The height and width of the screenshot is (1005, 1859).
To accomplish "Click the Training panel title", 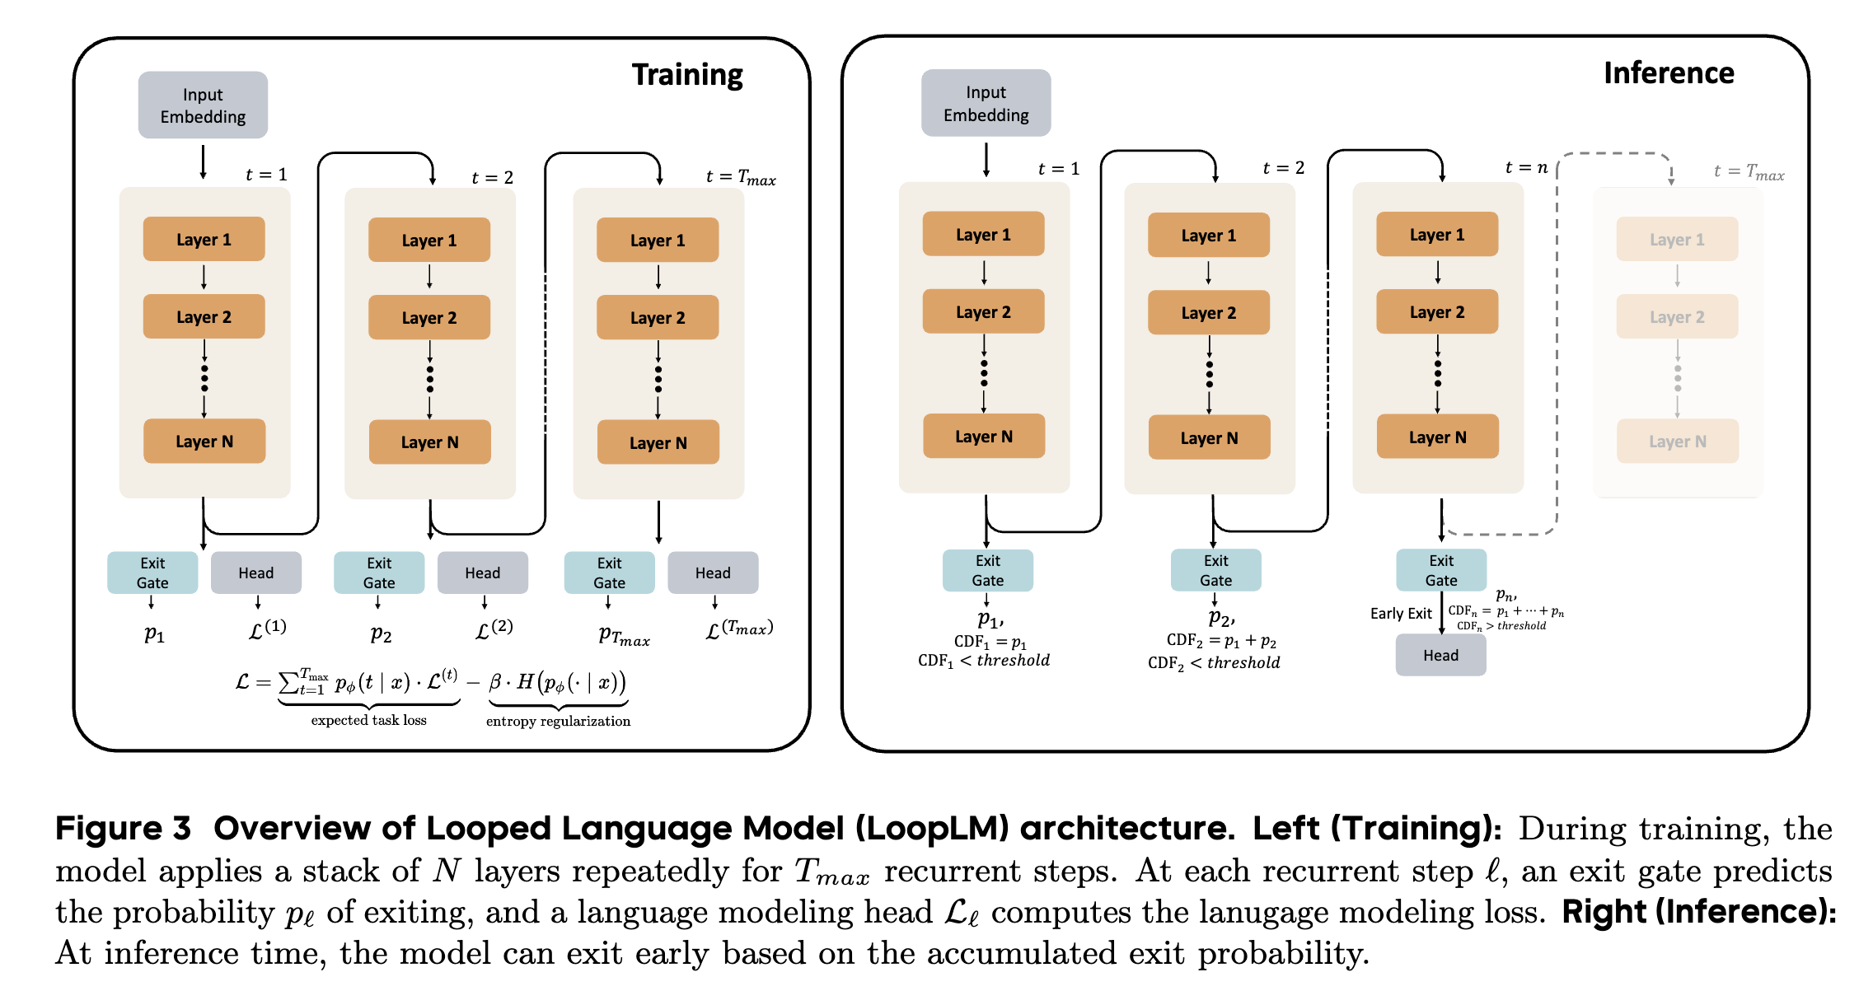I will pyautogui.click(x=687, y=75).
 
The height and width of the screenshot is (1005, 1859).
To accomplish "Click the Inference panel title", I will pyautogui.click(x=1669, y=73).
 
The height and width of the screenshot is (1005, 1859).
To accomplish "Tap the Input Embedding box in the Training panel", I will pyautogui.click(x=203, y=105).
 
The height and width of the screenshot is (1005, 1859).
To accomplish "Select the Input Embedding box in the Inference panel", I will pyautogui.click(x=986, y=104).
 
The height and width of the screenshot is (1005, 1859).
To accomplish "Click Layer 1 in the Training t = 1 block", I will pyautogui.click(x=204, y=240).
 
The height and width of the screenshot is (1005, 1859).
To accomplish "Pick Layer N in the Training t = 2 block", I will pyautogui.click(x=429, y=442).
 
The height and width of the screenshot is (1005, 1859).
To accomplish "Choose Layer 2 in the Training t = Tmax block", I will pyautogui.click(x=658, y=318).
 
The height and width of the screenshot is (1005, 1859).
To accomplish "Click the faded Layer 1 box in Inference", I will pyautogui.click(x=1677, y=240).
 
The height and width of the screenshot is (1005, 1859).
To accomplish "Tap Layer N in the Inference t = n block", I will pyautogui.click(x=1437, y=437).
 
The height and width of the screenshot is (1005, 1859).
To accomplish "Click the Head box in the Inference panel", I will pyautogui.click(x=1440, y=656).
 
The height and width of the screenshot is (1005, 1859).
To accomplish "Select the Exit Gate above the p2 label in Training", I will pyautogui.click(x=379, y=573).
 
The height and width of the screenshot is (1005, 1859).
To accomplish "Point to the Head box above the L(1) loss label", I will pyautogui.click(x=256, y=573).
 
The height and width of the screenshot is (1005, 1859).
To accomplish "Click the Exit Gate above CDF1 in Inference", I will pyautogui.click(x=987, y=570).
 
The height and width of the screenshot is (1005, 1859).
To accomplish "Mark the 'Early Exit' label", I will pyautogui.click(x=1401, y=614).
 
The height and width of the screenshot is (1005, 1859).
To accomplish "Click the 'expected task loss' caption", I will pyautogui.click(x=368, y=720).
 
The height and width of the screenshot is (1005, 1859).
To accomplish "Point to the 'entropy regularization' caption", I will pyautogui.click(x=558, y=722).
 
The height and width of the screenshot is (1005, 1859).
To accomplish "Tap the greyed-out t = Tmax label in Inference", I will pyautogui.click(x=1749, y=172).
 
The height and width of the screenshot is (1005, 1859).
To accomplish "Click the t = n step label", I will pyautogui.click(x=1526, y=168).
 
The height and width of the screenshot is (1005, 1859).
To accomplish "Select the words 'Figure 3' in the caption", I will pyautogui.click(x=123, y=828).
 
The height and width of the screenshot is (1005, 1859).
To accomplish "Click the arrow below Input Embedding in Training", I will pyautogui.click(x=203, y=162).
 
